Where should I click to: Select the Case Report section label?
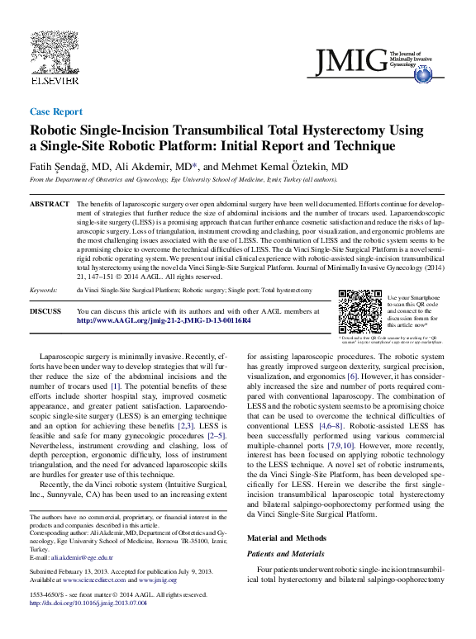point(55,111)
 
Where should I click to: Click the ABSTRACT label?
point(49,203)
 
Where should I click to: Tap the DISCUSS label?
point(45,311)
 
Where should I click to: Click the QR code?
point(360,311)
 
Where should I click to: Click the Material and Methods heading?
point(288,538)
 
